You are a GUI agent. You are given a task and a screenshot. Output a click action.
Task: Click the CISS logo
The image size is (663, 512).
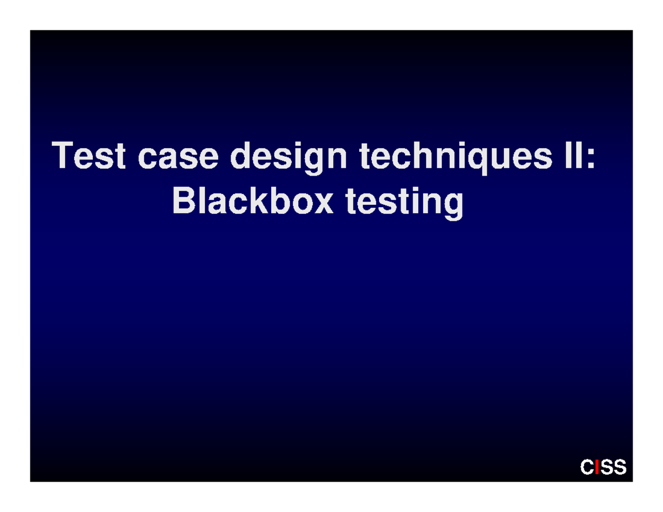pos(603,467)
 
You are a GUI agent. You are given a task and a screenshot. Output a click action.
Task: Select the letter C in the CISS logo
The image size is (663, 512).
pos(587,467)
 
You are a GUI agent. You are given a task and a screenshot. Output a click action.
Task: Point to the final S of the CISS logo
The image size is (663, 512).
pos(620,467)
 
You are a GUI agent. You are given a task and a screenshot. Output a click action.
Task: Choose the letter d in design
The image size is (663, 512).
pos(241,156)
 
